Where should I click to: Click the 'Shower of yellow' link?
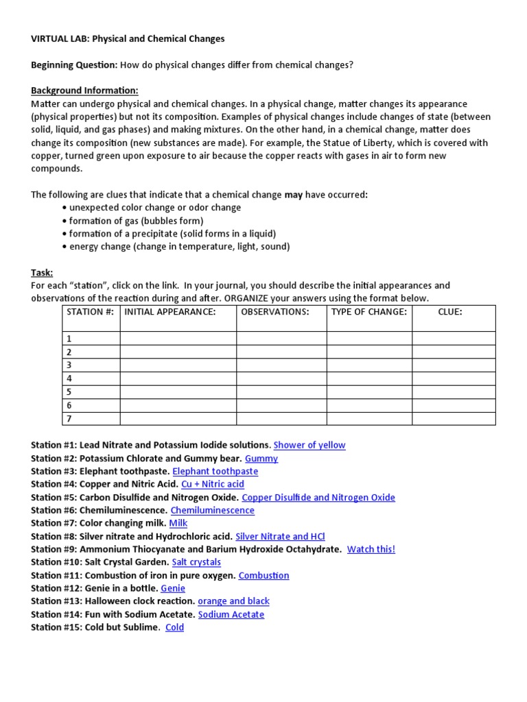(x=309, y=445)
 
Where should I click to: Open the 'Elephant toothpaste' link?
(x=215, y=471)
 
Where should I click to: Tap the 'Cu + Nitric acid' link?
(x=212, y=484)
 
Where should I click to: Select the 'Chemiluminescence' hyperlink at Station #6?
(x=212, y=510)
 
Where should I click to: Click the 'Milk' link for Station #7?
(x=178, y=523)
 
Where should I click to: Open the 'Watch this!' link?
(x=371, y=549)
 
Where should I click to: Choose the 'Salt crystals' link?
(x=196, y=562)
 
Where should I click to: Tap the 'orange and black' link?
(x=233, y=601)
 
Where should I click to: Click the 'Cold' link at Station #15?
(x=174, y=627)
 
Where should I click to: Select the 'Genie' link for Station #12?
(x=173, y=588)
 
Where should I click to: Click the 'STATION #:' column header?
(x=91, y=313)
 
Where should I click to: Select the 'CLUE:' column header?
(x=450, y=313)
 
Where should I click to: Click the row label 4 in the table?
(x=69, y=378)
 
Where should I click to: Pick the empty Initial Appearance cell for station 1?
(x=178, y=339)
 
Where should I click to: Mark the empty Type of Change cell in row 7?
(x=369, y=418)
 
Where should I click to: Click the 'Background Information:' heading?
(x=84, y=90)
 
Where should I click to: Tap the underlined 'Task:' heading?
(x=42, y=272)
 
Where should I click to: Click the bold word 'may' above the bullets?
(x=294, y=195)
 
